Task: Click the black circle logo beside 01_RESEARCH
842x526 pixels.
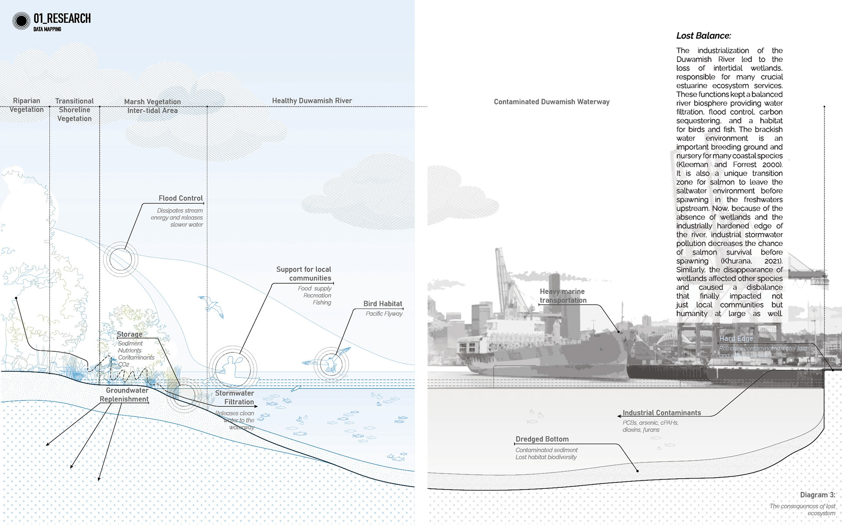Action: [21, 21]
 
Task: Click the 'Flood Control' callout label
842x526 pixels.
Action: [181, 199]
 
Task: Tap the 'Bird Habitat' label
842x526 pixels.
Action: [382, 304]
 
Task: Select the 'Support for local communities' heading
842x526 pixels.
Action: [304, 274]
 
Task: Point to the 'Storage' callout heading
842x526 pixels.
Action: [129, 334]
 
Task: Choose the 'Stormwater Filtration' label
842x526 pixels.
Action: [235, 398]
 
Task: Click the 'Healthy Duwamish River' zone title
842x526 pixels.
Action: [312, 101]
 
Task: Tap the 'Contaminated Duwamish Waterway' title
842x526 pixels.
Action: [551, 102]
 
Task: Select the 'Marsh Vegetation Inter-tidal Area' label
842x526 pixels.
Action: [153, 106]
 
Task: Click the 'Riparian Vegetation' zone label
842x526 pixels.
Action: [26, 105]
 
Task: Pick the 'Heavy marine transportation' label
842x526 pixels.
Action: [563, 296]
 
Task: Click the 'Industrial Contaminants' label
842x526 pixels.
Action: [662, 413]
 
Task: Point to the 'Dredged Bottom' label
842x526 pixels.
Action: [542, 439]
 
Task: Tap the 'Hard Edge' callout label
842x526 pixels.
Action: [736, 338]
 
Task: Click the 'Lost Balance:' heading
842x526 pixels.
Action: [703, 36]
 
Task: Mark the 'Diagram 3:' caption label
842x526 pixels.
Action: [817, 495]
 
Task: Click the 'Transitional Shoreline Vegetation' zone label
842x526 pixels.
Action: [75, 110]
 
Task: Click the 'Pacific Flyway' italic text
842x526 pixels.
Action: [384, 314]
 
